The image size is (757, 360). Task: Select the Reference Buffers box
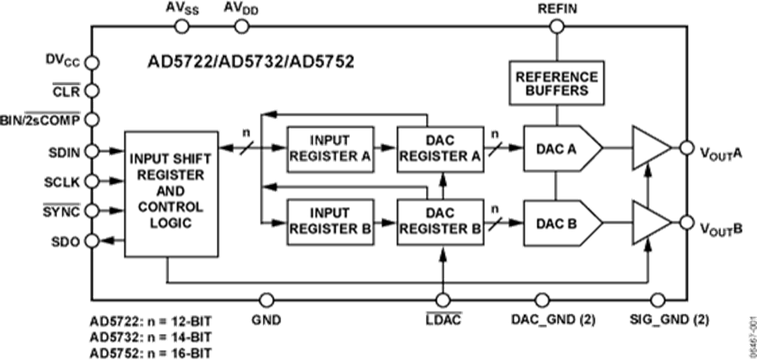pyautogui.click(x=556, y=82)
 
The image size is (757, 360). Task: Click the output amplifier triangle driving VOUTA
pyautogui.click(x=650, y=150)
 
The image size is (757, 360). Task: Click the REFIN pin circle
pyautogui.click(x=556, y=27)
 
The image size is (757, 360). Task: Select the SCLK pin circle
pyautogui.click(x=92, y=181)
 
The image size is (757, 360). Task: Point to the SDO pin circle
pyautogui.click(x=92, y=241)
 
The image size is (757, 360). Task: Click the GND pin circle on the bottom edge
pyautogui.click(x=266, y=299)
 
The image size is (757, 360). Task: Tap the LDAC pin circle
pyautogui.click(x=441, y=299)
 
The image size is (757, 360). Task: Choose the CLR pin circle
pyautogui.click(x=92, y=90)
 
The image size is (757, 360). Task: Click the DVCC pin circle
pyautogui.click(x=92, y=61)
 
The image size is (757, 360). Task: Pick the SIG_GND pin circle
pyautogui.click(x=658, y=299)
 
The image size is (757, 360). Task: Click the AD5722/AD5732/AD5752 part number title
pyautogui.click(x=251, y=61)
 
